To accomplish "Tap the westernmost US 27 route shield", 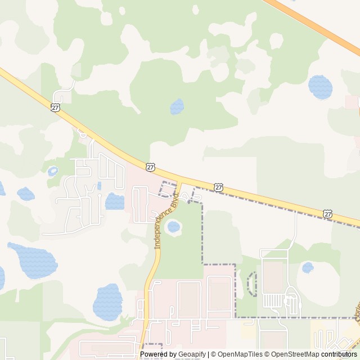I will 55,107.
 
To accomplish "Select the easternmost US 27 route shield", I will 327,213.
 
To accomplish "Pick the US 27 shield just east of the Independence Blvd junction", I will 218,187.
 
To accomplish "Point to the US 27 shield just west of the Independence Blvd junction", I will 150,167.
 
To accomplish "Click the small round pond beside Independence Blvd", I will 174,227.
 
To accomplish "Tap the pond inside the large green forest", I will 177,106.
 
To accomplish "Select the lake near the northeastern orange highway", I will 320,87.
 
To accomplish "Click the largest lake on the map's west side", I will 34,260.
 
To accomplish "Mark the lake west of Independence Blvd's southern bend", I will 107,301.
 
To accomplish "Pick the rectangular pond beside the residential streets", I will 114,201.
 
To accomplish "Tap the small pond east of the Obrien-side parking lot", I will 308,267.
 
